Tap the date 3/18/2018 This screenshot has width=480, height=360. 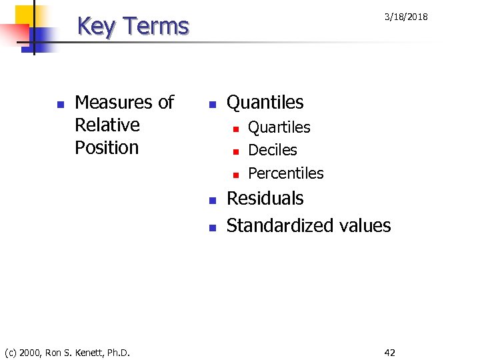point(406,17)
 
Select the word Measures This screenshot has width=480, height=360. point(107,102)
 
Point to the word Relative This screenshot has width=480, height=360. point(107,125)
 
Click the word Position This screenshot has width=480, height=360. point(107,147)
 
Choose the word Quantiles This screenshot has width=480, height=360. point(265,103)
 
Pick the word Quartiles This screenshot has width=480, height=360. point(279,127)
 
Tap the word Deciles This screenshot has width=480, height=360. point(272,150)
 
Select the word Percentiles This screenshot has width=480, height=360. point(285,173)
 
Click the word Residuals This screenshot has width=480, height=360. point(265,199)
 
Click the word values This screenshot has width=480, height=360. point(365,225)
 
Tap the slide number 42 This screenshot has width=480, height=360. point(389,352)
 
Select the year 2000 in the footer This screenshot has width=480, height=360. point(31,352)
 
